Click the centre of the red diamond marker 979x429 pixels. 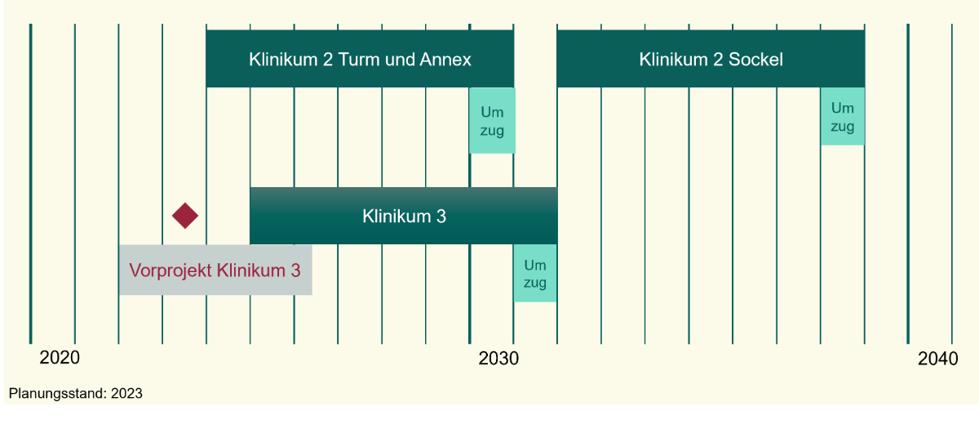coord(185,216)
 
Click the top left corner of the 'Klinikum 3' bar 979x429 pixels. coord(250,187)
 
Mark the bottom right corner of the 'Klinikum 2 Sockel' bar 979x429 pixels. coord(865,87)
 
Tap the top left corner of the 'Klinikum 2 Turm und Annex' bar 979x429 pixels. coord(206,30)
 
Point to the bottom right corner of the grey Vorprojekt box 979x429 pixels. coord(312,295)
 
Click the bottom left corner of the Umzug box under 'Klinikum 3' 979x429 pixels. coord(513,302)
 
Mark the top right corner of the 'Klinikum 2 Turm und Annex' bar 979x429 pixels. coord(514,30)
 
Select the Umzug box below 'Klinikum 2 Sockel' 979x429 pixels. coord(843,116)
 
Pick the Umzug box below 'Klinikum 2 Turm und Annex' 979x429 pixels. coord(492,120)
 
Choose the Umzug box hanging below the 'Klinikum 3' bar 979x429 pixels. coord(535,273)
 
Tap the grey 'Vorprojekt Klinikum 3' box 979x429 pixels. coord(215,270)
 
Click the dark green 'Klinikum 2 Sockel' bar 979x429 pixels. coord(711,59)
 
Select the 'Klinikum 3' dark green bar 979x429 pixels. coord(404,216)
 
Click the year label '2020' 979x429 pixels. coord(60,358)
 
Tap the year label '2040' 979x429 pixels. coord(937,359)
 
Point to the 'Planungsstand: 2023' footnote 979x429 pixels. coord(76,393)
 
